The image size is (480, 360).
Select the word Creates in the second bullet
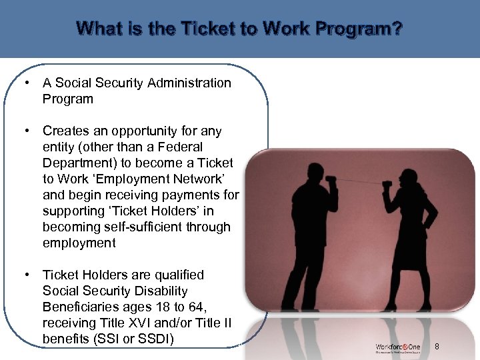pyautogui.click(x=65, y=131)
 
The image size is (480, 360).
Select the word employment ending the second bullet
pyautogui.click(x=79, y=243)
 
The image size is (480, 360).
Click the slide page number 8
pyautogui.click(x=437, y=346)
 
